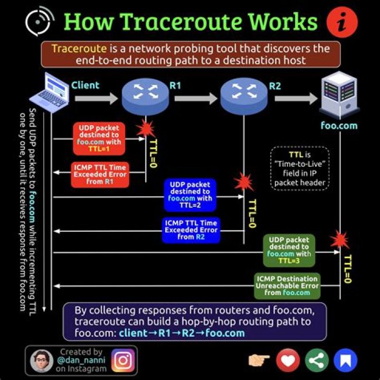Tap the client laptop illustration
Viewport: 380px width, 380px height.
(50, 94)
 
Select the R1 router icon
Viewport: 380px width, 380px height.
(145, 96)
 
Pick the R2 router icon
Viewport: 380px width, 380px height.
(243, 96)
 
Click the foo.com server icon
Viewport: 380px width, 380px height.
(339, 94)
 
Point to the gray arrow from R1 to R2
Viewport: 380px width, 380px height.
(196, 98)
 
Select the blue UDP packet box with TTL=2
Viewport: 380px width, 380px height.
(190, 195)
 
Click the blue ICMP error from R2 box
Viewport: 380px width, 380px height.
(190, 230)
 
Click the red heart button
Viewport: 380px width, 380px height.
(288, 360)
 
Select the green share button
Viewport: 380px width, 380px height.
(316, 360)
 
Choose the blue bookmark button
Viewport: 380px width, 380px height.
(345, 360)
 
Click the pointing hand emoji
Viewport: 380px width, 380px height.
(259, 360)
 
